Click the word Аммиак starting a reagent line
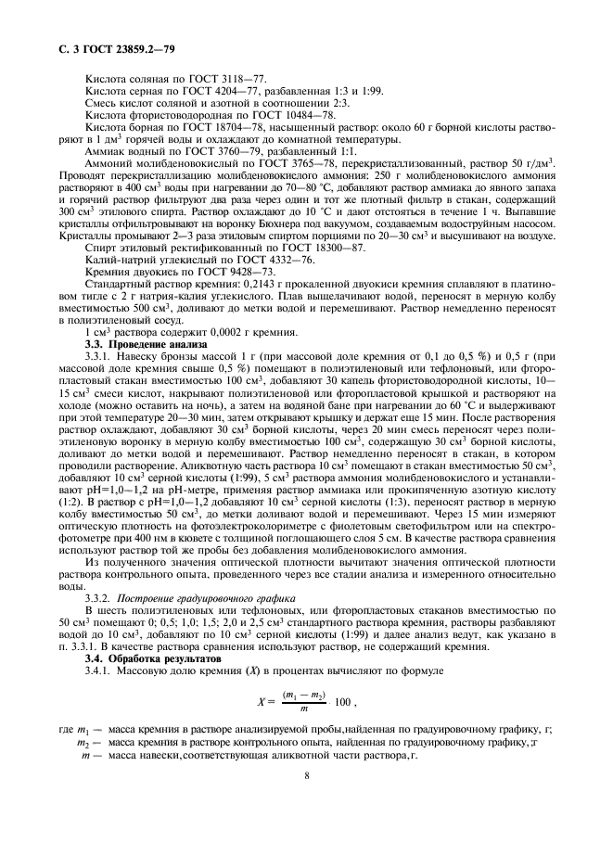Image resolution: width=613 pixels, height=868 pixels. (x=105, y=149)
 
